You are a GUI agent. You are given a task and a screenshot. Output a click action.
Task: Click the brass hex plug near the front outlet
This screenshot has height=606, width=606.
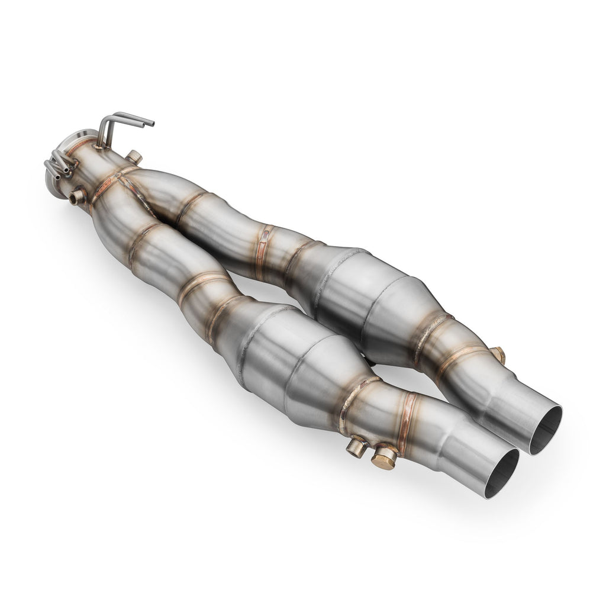click(x=384, y=457)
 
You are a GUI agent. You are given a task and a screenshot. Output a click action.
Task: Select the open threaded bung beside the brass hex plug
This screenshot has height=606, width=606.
click(x=356, y=447)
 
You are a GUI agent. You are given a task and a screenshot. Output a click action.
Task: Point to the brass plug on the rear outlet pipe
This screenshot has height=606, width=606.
click(x=499, y=354)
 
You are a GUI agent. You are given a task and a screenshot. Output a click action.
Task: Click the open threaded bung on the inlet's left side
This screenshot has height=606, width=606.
click(x=77, y=197)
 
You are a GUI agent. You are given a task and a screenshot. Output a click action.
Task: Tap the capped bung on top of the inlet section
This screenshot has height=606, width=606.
click(x=134, y=157)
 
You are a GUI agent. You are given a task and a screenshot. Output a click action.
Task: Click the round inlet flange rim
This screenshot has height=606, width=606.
click(x=86, y=136)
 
